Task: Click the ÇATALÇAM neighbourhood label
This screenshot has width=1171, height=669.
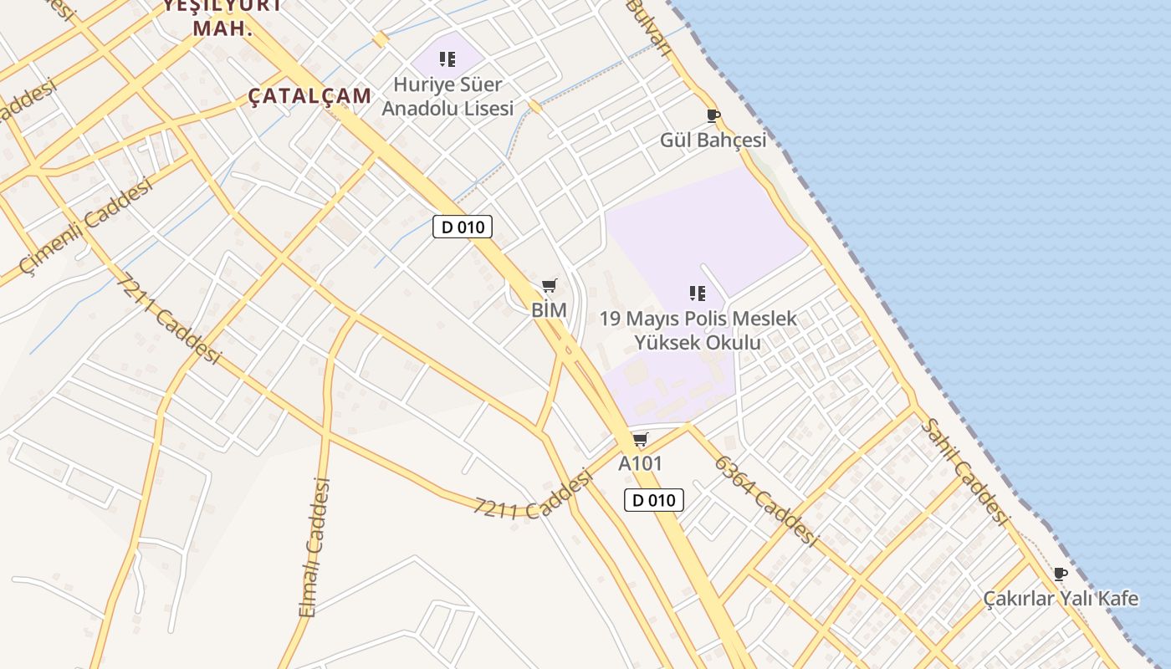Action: (309, 96)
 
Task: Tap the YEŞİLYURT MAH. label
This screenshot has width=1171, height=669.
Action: (222, 17)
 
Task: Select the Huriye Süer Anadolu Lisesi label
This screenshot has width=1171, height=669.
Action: (447, 96)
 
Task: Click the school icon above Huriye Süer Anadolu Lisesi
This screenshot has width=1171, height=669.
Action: (447, 59)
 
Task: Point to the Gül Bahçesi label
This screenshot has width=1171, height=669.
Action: (713, 140)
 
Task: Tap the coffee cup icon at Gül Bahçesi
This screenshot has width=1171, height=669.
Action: (713, 115)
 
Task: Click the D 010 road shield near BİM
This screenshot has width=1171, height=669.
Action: (463, 227)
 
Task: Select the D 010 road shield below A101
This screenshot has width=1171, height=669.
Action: (654, 500)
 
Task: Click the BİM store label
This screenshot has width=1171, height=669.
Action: (549, 309)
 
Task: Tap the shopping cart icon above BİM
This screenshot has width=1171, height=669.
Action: (549, 286)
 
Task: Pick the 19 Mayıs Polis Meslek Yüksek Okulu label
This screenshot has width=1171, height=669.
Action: (698, 330)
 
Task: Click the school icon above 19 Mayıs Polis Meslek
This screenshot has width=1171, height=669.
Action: (698, 293)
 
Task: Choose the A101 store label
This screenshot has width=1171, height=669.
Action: (640, 462)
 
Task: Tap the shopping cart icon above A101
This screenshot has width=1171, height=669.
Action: (640, 439)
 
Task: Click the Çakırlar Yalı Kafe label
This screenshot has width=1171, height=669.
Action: (1061, 598)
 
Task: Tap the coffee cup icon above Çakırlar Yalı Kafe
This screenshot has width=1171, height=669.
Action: (1061, 574)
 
